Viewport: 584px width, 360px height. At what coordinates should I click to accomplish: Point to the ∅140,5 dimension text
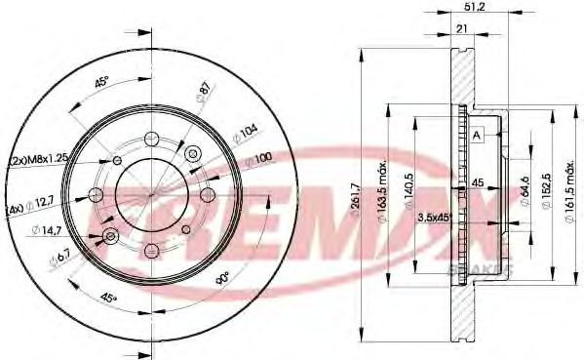[412, 179]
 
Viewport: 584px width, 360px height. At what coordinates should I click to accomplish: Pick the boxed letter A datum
[478, 135]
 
